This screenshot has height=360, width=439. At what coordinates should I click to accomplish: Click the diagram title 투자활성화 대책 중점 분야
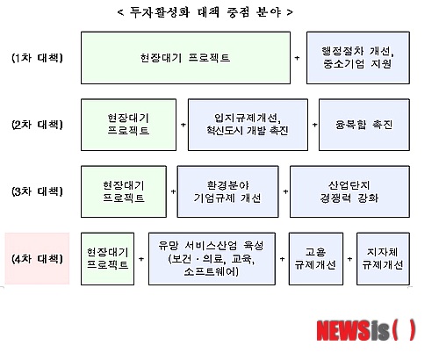(205, 12)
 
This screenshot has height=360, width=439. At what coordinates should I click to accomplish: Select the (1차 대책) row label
(37, 58)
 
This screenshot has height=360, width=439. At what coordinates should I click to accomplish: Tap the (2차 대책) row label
(37, 125)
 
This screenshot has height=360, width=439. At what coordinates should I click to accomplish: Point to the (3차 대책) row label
(37, 191)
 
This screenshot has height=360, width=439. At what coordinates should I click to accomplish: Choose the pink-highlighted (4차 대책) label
(37, 258)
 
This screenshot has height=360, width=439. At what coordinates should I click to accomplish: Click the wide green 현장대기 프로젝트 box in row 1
(185, 58)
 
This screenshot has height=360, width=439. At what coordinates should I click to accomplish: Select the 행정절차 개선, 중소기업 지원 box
(358, 58)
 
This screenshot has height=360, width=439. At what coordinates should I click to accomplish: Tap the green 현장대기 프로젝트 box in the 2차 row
(128, 125)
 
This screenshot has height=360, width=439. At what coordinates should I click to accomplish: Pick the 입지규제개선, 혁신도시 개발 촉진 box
(248, 125)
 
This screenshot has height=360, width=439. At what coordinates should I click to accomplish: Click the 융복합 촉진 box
(364, 125)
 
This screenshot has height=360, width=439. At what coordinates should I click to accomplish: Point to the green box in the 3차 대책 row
(124, 191)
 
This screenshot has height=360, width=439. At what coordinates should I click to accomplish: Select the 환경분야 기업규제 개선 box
(227, 191)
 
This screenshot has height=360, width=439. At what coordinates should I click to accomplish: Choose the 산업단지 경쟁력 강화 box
(349, 191)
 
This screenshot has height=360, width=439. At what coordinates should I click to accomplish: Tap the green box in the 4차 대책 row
(107, 259)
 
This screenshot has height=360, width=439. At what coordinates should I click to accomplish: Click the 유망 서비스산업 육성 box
(212, 259)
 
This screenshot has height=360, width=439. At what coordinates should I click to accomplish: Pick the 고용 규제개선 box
(316, 259)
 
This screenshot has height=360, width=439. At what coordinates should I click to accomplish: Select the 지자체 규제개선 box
(383, 259)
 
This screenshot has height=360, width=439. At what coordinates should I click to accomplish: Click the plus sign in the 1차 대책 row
(297, 58)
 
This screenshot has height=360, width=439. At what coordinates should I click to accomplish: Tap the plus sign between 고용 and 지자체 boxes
(349, 259)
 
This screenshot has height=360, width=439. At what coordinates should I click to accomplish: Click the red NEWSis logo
(366, 330)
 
